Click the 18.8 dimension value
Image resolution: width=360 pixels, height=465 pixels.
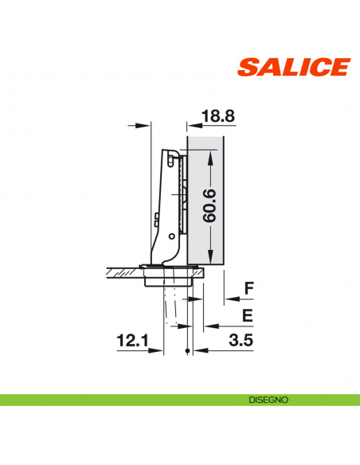point(217,116)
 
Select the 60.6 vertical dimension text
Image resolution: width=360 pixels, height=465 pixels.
point(209,205)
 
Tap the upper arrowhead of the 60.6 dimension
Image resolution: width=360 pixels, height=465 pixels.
point(210,156)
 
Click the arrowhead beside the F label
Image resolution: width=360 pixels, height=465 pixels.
point(228,300)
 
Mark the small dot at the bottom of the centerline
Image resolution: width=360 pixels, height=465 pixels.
point(186,351)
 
